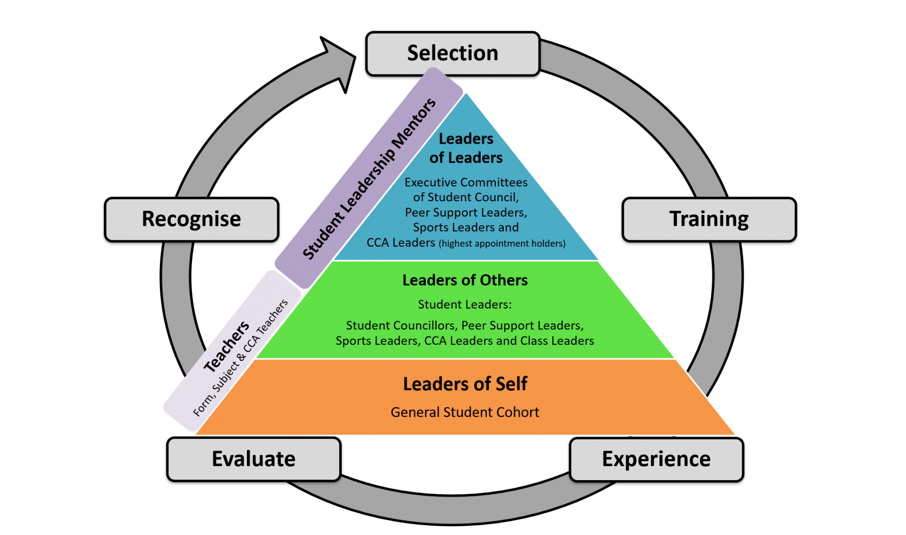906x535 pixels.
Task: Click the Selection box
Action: pos(453,53)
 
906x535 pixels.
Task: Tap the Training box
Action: pos(709,219)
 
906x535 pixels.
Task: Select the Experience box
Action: pos(656,459)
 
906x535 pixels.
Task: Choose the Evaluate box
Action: pos(254,459)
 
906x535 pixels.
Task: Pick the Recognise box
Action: pos(192,219)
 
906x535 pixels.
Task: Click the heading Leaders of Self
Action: pos(465,384)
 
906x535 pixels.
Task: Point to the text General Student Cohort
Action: pos(465,412)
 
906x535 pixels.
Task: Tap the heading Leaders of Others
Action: pos(465,280)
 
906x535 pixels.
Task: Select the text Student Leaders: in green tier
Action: pos(465,304)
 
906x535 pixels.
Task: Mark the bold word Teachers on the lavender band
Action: pos(226,346)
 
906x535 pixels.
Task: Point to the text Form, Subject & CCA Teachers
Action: pos(241,358)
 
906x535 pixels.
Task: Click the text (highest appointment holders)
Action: pos(502,243)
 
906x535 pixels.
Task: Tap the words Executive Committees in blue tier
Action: pos(466,182)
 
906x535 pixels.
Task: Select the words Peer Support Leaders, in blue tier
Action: pos(466,212)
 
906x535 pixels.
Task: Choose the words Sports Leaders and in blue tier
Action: pos(466,227)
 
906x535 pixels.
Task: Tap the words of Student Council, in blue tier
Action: pos(466,197)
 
